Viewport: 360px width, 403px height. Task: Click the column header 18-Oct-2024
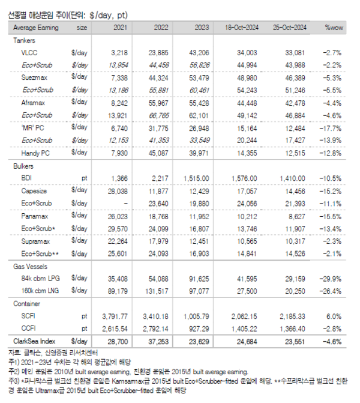(x=242, y=28)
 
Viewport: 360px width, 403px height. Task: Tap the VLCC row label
(x=30, y=52)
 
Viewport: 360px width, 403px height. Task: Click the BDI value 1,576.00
(x=244, y=178)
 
